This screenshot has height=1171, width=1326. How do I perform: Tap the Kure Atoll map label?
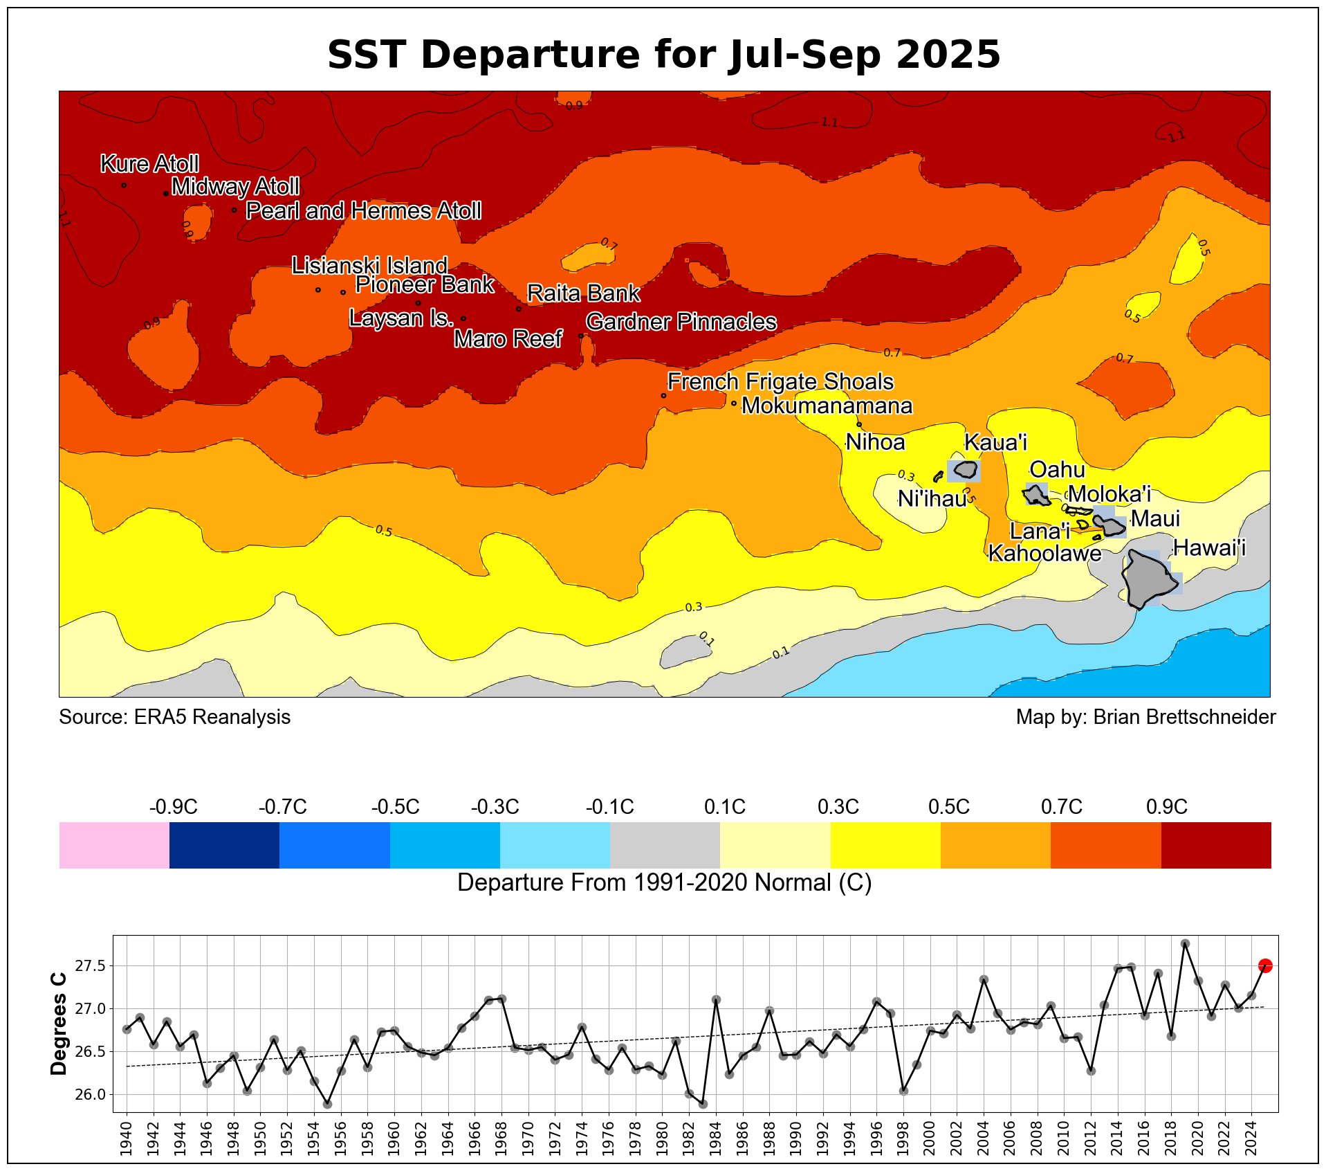150,164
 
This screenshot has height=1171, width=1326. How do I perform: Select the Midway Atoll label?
235,187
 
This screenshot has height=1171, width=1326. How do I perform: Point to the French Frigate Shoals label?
780,382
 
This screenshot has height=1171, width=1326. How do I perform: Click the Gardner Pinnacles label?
681,322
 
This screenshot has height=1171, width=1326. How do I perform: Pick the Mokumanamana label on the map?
827,406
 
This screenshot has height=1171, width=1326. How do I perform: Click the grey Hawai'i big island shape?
1148,580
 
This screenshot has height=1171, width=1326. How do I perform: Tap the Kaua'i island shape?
965,471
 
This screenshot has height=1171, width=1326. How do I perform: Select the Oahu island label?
1057,470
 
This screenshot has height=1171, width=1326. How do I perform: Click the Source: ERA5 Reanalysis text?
174,717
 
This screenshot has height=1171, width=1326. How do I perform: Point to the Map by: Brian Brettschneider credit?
1145,717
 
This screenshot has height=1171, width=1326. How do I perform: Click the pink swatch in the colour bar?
114,845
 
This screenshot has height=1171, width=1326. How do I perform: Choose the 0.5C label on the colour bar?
948,807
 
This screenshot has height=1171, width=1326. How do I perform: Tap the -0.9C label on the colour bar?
173,807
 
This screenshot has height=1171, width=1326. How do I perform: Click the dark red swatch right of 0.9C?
1215,845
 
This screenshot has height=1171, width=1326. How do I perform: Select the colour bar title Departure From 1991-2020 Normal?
664,883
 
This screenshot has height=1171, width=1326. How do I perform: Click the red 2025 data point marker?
1265,965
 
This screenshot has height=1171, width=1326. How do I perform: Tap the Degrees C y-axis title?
59,1024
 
